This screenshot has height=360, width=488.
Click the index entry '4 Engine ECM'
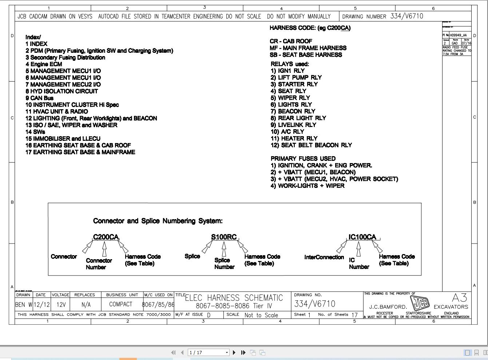pyautogui.click(x=44, y=64)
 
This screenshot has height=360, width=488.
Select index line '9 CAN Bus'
pyautogui.click(x=39, y=98)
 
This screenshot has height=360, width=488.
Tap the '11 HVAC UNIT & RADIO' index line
pyautogui.click(x=57, y=111)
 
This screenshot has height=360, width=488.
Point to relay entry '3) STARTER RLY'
pyautogui.click(x=294, y=84)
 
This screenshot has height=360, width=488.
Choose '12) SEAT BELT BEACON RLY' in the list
pyautogui.click(x=311, y=145)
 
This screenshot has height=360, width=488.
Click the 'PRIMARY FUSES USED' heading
pyautogui.click(x=303, y=159)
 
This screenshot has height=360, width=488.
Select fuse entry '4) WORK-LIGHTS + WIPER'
pyautogui.click(x=307, y=186)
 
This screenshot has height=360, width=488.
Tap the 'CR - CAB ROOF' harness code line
pyautogui.click(x=291, y=41)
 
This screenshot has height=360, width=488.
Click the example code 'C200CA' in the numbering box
pyautogui.click(x=106, y=237)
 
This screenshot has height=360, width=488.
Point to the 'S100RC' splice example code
pyautogui.click(x=224, y=237)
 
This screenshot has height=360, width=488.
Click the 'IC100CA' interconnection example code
pyautogui.click(x=362, y=237)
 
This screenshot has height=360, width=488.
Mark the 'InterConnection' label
pyautogui.click(x=324, y=257)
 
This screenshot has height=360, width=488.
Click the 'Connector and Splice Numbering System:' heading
pyautogui.click(x=158, y=221)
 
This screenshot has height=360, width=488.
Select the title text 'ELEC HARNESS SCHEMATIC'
pyautogui.click(x=234, y=298)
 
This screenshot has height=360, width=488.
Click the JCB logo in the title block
pyautogui.click(x=420, y=302)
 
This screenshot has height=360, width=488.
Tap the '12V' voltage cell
pyautogui.click(x=61, y=305)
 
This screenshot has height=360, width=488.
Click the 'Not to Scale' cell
pyautogui.click(x=261, y=315)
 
